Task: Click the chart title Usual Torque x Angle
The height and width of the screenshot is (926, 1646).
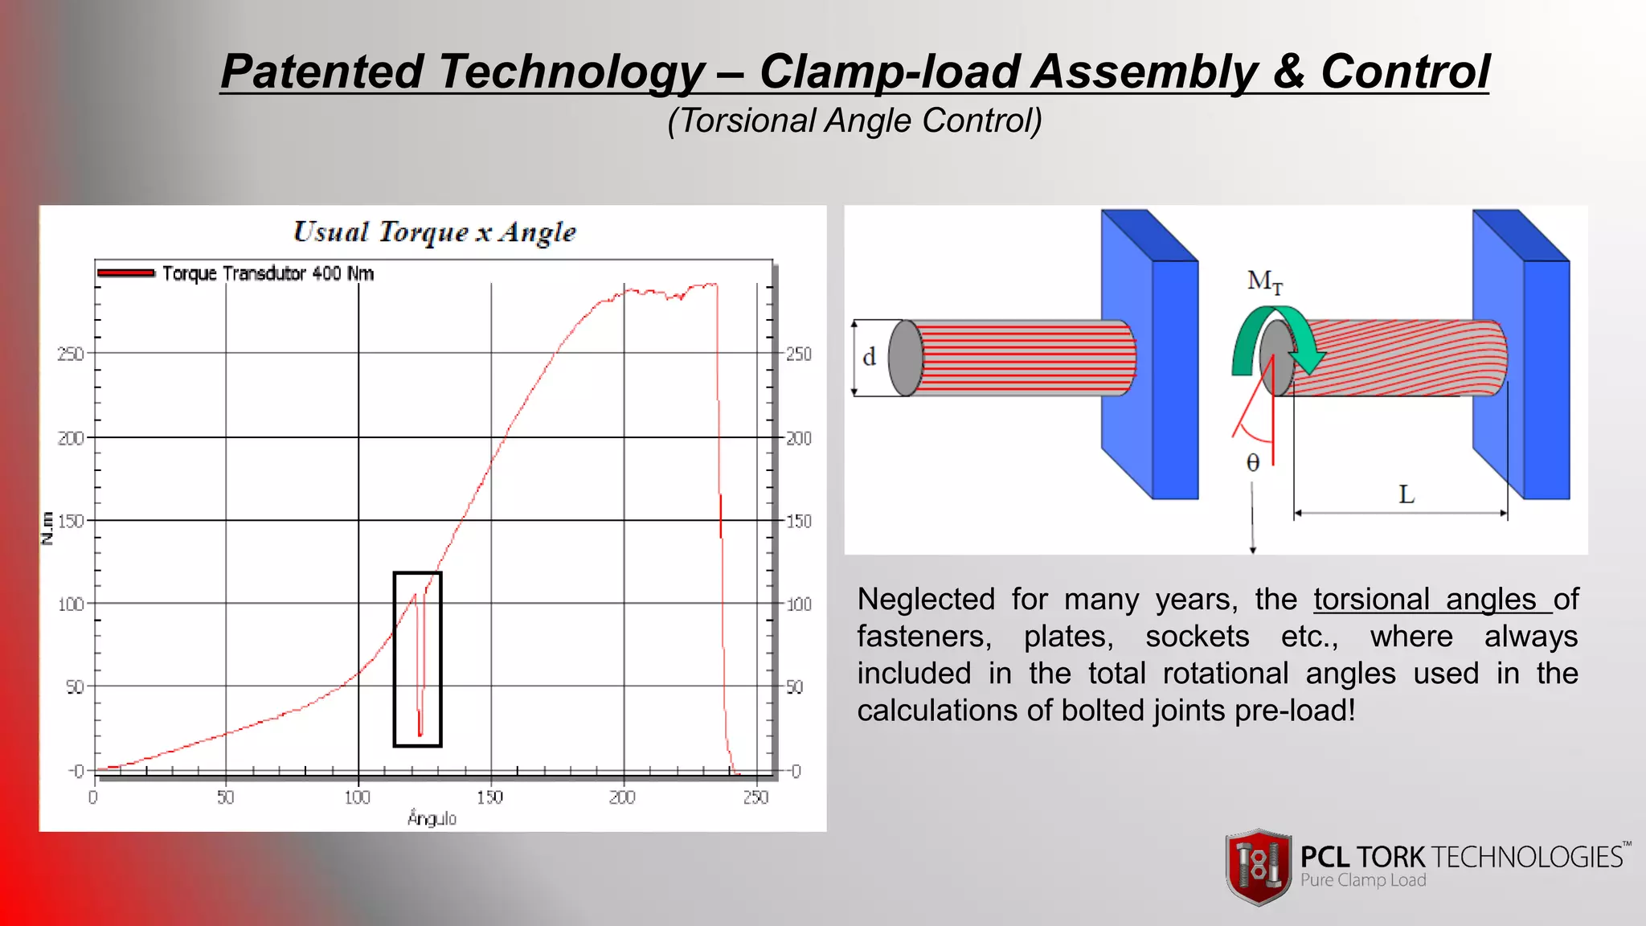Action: coord(434,232)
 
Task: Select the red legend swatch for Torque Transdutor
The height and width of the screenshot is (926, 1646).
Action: coord(125,273)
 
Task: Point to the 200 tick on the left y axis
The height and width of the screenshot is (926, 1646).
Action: coord(71,438)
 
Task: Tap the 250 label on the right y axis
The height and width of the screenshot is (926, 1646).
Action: coord(798,354)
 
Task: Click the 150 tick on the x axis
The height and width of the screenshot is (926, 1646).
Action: coord(489,797)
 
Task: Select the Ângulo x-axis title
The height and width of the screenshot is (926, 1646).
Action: coord(432,818)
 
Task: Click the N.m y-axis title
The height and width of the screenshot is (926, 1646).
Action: coord(47,528)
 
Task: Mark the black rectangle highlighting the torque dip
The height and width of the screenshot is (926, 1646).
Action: coord(395,659)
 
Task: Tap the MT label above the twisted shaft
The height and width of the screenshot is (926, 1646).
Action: coord(1264,281)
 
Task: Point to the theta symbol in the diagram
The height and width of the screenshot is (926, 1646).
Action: coord(1252,463)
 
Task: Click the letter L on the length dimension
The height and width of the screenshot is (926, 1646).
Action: coord(1406,494)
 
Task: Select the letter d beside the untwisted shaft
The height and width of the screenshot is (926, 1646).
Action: coord(869,357)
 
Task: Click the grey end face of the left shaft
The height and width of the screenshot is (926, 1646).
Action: coord(905,358)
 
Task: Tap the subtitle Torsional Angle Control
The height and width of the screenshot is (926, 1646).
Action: coord(854,121)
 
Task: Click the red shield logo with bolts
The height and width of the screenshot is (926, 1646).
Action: coord(1259,867)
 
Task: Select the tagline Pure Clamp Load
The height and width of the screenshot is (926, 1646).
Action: coord(1363,880)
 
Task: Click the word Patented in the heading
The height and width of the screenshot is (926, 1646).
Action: coord(322,72)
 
